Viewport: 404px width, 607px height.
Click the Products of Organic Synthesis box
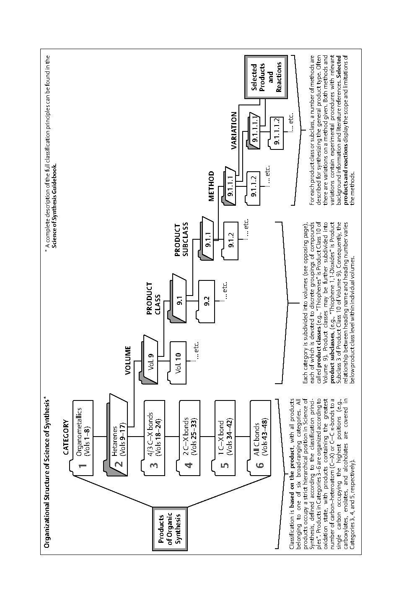[170, 529]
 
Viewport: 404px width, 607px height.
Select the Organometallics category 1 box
[83, 438]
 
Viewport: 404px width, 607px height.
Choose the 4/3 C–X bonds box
[154, 438]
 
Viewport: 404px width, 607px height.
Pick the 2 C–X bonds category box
[189, 438]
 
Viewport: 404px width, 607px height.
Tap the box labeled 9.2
[207, 301]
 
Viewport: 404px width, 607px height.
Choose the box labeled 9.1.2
[231, 241]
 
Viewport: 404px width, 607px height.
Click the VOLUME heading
[128, 361]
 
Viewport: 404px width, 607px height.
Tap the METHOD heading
[211, 186]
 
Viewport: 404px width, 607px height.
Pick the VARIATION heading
[234, 131]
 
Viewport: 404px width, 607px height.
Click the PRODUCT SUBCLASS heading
[181, 240]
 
